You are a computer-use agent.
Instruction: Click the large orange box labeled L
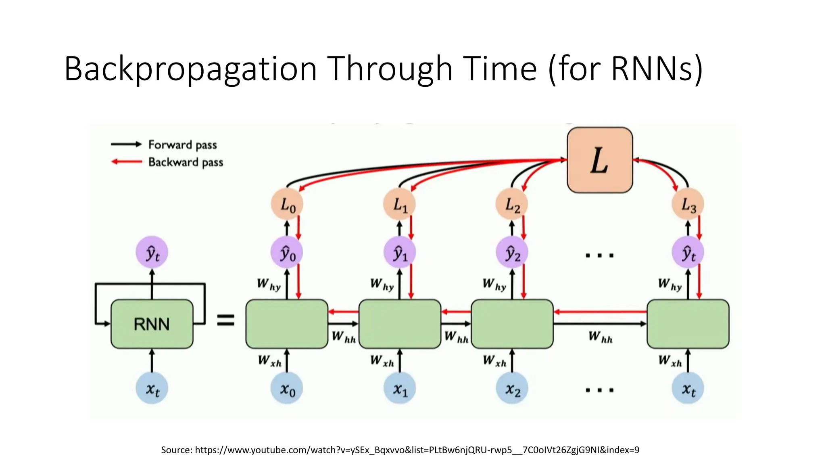(x=600, y=160)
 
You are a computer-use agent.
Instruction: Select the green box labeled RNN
(x=152, y=324)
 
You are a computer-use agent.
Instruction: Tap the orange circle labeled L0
(x=287, y=204)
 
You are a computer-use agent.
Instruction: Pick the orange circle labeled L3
(x=688, y=204)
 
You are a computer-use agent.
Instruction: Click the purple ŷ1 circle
(x=399, y=253)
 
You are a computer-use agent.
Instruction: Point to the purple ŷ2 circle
(x=512, y=253)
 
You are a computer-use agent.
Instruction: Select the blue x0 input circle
(x=287, y=388)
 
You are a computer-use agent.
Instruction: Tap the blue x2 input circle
(x=512, y=388)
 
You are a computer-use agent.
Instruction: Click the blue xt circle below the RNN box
(x=152, y=388)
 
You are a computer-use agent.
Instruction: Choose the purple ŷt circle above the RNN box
(x=152, y=253)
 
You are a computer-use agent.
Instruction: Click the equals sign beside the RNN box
(x=226, y=320)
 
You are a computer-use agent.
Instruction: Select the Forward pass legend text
(x=182, y=145)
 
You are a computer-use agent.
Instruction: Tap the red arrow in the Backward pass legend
(x=127, y=162)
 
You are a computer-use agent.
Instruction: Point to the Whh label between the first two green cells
(x=344, y=337)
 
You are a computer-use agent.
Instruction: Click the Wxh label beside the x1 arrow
(x=382, y=360)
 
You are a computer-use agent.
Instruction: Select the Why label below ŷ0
(x=269, y=284)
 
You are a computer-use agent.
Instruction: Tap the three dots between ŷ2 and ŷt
(x=599, y=255)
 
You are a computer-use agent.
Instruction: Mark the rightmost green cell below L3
(x=688, y=324)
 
